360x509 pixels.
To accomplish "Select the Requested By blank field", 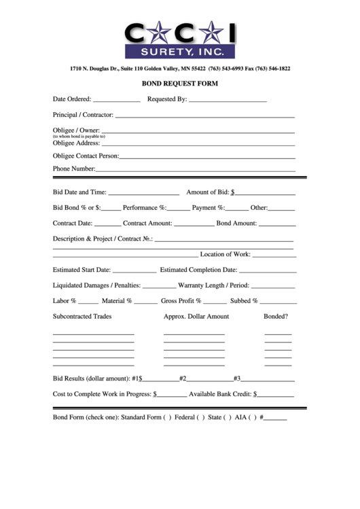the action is click(228, 100).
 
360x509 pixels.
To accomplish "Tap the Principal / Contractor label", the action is click(83, 115).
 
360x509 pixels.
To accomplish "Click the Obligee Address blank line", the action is click(198, 144).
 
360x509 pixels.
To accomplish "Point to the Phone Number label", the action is click(74, 169).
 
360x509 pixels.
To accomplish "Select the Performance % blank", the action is click(179, 209).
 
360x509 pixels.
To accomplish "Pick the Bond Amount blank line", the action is click(277, 224).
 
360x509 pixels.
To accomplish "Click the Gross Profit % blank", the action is click(215, 302).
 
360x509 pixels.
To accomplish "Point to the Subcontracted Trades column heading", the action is click(82, 317).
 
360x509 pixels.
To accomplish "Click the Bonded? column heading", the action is click(276, 317).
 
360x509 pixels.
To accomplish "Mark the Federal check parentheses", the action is click(200, 417).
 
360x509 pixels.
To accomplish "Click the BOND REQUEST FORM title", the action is click(180, 84).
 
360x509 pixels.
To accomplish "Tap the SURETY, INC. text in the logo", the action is click(179, 52).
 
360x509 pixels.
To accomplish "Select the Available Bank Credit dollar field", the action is click(275, 394).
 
